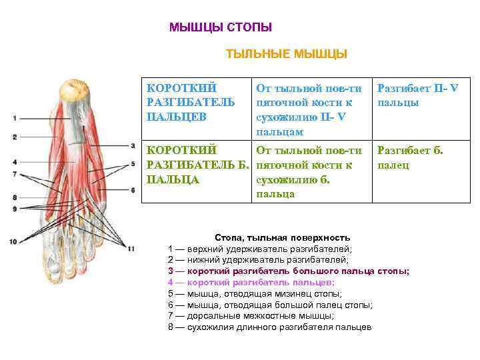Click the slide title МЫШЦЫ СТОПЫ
pos(221,27)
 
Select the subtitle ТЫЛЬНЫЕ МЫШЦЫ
pos(287,53)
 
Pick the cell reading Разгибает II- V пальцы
pos(417,95)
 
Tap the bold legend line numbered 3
pos(289,271)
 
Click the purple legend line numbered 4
pos(251,282)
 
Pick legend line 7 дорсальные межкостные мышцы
pos(251,315)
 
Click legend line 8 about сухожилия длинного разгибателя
pos(270,327)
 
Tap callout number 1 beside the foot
pos(14,119)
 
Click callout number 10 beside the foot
pos(13,241)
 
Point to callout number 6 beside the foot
pos(133,190)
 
